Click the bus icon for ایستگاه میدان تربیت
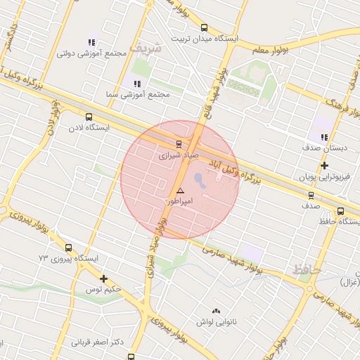pos(204,28)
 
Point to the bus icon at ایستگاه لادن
pos(89,117)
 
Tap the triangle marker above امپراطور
pos(181,191)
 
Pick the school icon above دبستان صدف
pos(323,137)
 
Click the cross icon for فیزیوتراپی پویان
pos(323,166)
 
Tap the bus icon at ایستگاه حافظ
pos(341,211)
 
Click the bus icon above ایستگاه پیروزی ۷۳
pos(68,247)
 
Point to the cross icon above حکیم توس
pos(103,278)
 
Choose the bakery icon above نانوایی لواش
pos(216,311)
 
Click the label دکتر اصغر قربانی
pos(98,343)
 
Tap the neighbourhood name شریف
pos(150,49)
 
